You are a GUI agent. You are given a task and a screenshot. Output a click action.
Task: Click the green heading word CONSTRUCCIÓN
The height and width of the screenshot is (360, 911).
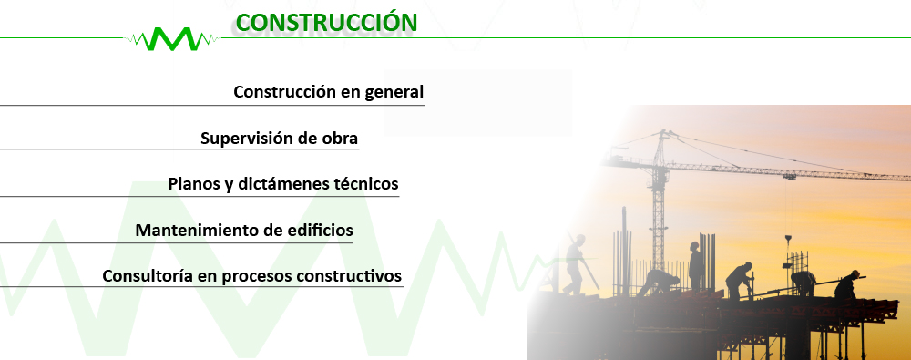point(326,22)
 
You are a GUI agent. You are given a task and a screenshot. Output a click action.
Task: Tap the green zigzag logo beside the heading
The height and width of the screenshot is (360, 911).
point(172,39)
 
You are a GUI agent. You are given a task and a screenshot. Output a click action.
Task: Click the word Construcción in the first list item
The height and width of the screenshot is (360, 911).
point(284,92)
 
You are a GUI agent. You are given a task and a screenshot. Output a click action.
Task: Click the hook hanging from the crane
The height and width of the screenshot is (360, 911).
point(788,239)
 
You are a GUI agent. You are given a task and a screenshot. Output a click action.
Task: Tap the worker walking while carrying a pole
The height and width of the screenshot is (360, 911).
point(575,264)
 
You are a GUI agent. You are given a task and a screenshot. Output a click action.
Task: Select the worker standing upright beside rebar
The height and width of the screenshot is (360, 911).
point(695,266)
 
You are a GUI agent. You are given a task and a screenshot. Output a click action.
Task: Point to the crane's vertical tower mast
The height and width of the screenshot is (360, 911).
point(658,210)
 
